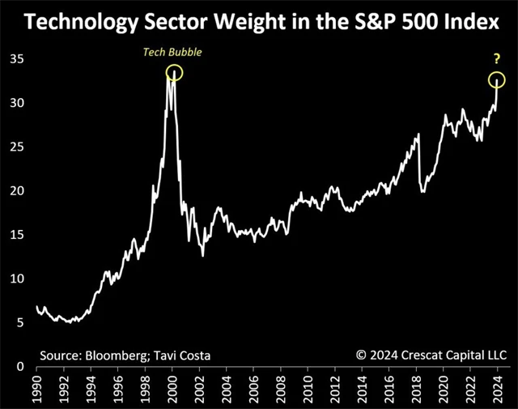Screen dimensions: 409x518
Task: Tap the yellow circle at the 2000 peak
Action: (x=175, y=72)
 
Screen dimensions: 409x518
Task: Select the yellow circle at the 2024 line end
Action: (x=496, y=79)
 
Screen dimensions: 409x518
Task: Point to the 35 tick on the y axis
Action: (x=15, y=59)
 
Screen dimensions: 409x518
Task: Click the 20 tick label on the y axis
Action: (x=15, y=191)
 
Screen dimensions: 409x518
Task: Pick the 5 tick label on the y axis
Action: (x=19, y=322)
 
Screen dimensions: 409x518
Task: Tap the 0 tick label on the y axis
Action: (x=19, y=366)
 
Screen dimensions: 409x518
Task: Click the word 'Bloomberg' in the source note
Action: (x=119, y=355)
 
